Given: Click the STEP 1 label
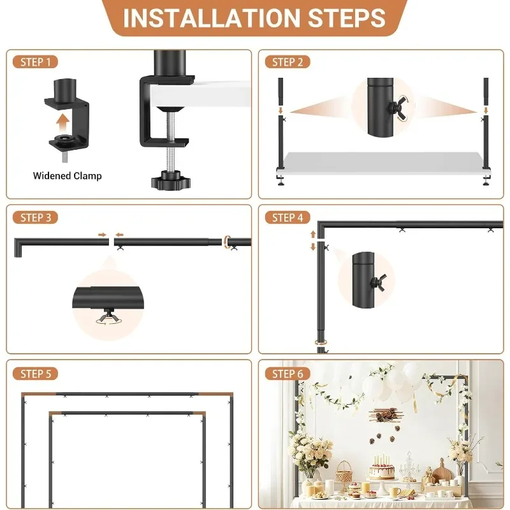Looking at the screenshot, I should [x=36, y=62].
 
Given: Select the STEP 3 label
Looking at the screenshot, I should [x=36, y=217].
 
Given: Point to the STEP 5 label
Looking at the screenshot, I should [x=36, y=374].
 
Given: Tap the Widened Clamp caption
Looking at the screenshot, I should [x=67, y=175].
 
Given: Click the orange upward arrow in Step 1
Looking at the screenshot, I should [x=62, y=121].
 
